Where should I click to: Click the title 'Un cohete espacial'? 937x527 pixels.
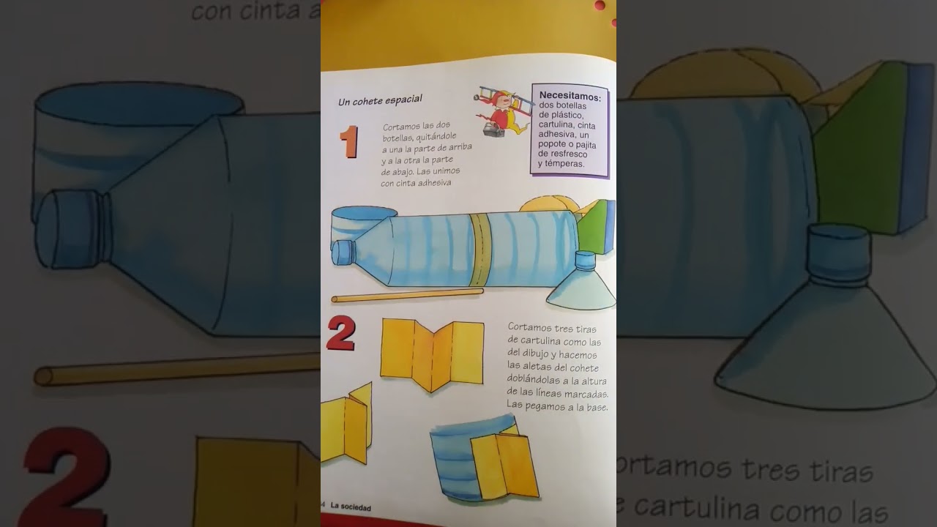click(380, 100)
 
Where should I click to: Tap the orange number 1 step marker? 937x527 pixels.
click(348, 142)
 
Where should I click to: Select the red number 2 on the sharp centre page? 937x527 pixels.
click(341, 333)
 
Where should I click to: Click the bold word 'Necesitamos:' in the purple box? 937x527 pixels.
click(570, 96)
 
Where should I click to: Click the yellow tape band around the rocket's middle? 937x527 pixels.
click(479, 249)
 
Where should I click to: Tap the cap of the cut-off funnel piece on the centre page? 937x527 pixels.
click(585, 260)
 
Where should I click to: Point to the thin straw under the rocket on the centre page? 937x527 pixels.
click(407, 296)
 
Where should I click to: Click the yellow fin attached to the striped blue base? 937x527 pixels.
click(505, 465)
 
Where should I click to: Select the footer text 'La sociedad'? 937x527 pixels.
click(351, 507)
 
